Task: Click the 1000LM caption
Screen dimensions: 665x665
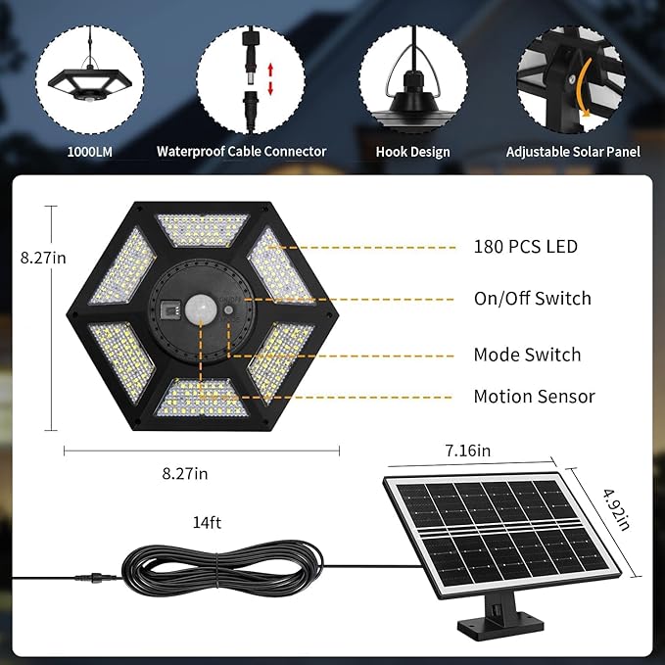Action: coord(89,152)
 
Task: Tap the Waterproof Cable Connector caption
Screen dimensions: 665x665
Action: coord(242,152)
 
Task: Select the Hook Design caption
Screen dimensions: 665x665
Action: coord(413,152)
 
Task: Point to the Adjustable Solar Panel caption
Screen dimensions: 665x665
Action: coord(573,152)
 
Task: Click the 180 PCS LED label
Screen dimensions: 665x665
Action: coord(525,247)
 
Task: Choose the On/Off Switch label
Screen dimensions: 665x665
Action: coord(532,298)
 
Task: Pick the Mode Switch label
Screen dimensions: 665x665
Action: coord(527,355)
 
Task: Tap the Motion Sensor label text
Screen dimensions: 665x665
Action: coord(534,397)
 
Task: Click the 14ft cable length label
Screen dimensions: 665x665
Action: coord(207,522)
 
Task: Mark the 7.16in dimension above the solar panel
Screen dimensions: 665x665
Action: coord(467,450)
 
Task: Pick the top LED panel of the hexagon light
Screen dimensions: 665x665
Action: coord(203,230)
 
